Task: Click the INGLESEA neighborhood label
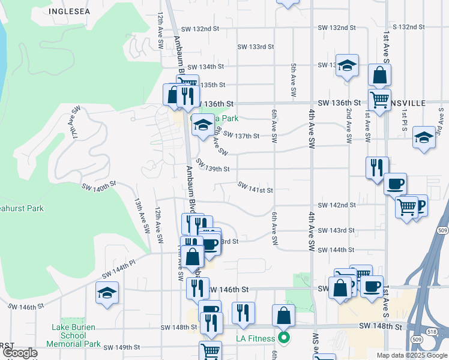pos(70,11)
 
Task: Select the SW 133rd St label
pos(255,46)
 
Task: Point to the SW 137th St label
pos(240,136)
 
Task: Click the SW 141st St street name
pos(255,190)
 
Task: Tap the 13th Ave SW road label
pos(141,217)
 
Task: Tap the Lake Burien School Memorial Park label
pos(76,335)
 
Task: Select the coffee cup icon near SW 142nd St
pos(394,183)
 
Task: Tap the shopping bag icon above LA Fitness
pos(283,314)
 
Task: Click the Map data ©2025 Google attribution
pos(411,355)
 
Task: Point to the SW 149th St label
pos(121,347)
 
